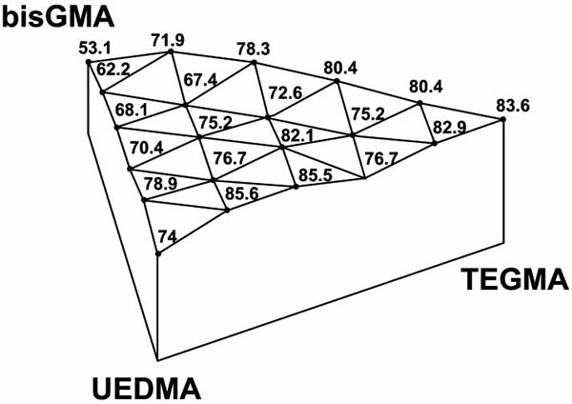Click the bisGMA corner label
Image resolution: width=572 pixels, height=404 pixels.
[58, 17]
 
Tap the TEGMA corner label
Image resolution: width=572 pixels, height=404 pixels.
[515, 279]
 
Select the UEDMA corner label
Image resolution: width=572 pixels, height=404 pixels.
[146, 389]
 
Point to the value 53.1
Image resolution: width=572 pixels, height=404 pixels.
[94, 49]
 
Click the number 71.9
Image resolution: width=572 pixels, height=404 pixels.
[168, 40]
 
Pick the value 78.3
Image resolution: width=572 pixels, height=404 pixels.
[254, 49]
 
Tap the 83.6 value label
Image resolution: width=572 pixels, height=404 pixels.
[513, 106]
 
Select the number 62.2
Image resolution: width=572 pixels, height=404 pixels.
[113, 70]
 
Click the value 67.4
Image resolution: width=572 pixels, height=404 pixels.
[200, 80]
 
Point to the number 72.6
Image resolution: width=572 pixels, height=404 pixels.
[286, 93]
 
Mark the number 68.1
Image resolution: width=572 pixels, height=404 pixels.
[132, 110]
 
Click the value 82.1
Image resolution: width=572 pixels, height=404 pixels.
[297, 136]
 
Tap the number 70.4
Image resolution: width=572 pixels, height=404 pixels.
[147, 148]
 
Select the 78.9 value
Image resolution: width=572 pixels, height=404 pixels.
[161, 183]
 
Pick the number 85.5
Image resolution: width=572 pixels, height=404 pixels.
[316, 175]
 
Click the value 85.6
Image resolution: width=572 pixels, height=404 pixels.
[242, 193]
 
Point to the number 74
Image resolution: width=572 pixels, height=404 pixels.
[168, 237]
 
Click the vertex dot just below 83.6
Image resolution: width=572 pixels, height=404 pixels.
[502, 119]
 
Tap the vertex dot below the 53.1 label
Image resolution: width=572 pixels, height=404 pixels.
[89, 62]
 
